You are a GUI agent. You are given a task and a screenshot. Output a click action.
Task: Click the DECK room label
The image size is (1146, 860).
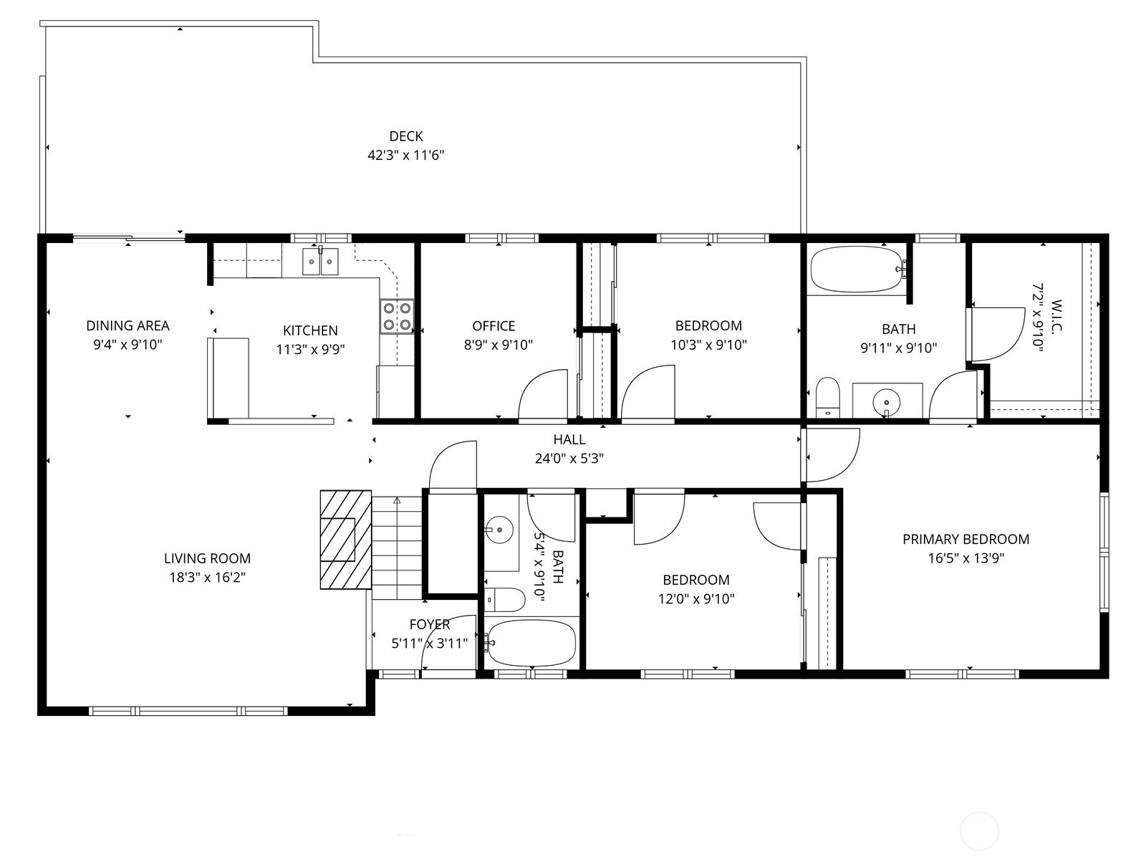(x=405, y=136)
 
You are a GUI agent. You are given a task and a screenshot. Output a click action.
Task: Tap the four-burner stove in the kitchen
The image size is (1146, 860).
(x=397, y=317)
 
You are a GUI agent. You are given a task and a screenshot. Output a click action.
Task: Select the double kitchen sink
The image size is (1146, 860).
(x=320, y=261)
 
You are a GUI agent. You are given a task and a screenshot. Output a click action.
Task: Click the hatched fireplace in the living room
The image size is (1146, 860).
(x=346, y=540)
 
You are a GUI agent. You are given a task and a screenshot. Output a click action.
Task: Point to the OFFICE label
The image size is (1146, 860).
(x=493, y=326)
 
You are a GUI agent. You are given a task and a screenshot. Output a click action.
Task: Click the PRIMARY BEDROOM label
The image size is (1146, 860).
(x=966, y=540)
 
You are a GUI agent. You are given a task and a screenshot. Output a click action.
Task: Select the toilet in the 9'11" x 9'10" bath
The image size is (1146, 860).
(x=827, y=397)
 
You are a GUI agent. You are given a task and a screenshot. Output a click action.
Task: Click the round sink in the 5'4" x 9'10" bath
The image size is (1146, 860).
(x=499, y=530)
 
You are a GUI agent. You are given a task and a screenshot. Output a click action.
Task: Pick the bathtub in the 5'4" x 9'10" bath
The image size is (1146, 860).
(x=531, y=643)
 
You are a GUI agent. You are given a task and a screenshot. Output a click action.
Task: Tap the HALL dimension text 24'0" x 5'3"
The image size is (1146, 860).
(x=569, y=459)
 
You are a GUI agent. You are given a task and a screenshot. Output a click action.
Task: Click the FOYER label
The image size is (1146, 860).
(x=430, y=624)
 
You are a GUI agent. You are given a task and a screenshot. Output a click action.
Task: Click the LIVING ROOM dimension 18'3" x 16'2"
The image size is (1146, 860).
(x=207, y=578)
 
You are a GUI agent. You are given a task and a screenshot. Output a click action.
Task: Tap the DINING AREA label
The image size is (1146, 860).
(x=128, y=326)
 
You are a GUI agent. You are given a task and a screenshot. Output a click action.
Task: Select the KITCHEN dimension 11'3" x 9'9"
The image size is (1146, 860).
(x=310, y=349)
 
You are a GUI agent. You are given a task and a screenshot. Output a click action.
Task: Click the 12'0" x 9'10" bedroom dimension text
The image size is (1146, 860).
(x=696, y=599)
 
